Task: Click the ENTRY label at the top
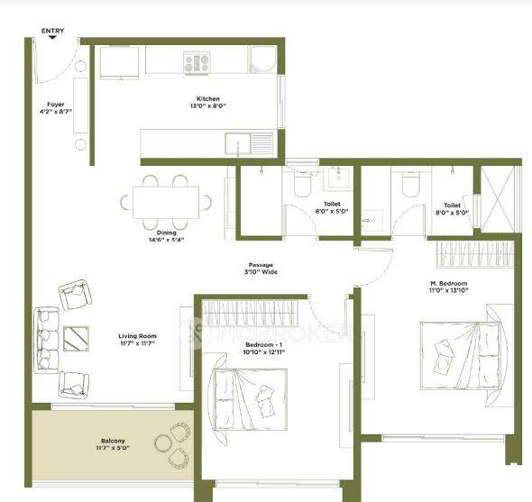click(53, 32)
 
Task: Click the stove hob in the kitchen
click(197, 62)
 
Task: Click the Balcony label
click(114, 443)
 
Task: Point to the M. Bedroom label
click(447, 287)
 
